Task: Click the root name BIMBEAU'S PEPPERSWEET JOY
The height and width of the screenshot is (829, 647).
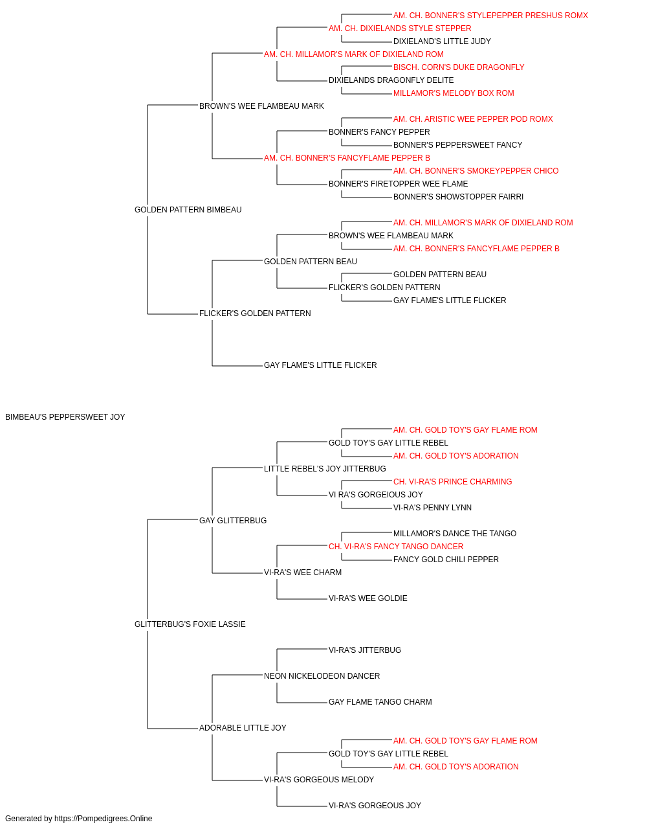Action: (x=65, y=417)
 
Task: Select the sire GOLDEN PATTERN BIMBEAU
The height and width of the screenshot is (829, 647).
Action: (x=188, y=210)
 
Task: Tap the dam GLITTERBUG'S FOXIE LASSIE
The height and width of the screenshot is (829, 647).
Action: (x=190, y=624)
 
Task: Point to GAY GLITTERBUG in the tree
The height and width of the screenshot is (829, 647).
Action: (x=233, y=520)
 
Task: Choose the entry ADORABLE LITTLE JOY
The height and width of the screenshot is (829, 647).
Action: (x=243, y=728)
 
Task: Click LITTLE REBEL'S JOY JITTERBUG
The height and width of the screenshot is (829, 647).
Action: (x=325, y=469)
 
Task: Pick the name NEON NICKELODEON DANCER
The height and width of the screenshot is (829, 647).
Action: (x=322, y=676)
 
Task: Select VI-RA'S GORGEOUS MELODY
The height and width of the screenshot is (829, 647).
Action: (x=318, y=780)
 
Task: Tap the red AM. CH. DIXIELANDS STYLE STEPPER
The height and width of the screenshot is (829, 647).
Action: (x=400, y=28)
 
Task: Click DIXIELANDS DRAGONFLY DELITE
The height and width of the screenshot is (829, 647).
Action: (x=391, y=80)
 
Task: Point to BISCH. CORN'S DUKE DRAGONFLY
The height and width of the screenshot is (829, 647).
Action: (x=459, y=67)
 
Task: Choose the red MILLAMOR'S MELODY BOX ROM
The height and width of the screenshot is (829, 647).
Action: (x=454, y=93)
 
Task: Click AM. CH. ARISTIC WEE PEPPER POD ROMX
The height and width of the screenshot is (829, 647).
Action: (x=473, y=119)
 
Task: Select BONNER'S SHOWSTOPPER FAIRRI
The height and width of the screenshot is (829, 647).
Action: (x=458, y=197)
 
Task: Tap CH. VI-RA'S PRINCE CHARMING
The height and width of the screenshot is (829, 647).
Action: (x=452, y=482)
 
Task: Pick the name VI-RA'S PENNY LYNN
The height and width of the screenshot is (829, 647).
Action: (x=432, y=508)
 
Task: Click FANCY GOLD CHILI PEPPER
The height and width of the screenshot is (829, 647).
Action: (x=446, y=560)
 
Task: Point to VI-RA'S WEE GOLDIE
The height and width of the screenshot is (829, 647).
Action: (x=367, y=598)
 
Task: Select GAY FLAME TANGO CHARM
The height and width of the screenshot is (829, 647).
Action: (x=380, y=702)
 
